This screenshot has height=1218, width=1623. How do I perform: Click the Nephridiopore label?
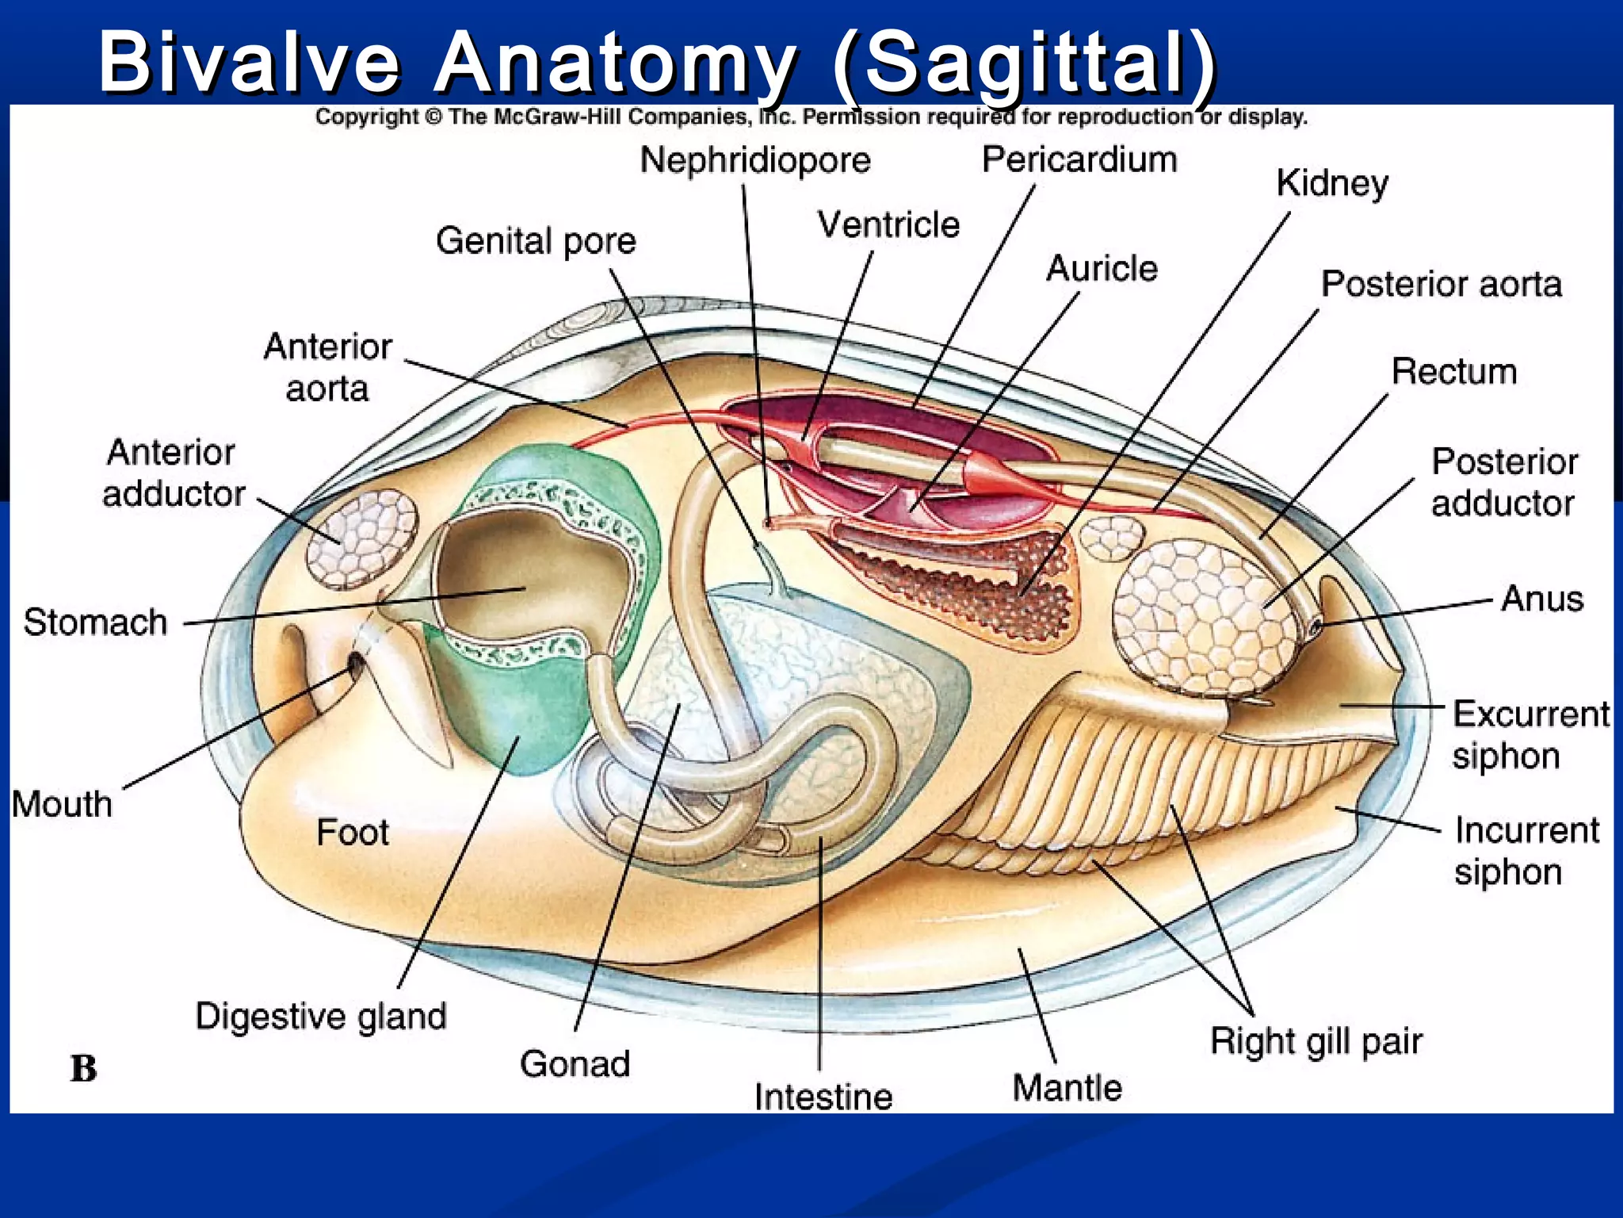click(x=755, y=160)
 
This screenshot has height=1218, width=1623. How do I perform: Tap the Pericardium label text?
click(x=1079, y=159)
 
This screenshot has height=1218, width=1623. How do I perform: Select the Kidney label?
click(x=1332, y=183)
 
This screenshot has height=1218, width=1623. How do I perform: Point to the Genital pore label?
click(x=536, y=240)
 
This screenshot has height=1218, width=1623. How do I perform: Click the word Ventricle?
click(x=888, y=224)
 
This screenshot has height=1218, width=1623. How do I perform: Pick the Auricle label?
click(x=1102, y=268)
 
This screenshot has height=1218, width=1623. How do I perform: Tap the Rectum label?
click(x=1454, y=371)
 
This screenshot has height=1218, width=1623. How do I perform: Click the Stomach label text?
click(x=95, y=622)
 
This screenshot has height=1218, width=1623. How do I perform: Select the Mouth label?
click(x=62, y=803)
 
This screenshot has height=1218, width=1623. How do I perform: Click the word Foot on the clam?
click(x=353, y=832)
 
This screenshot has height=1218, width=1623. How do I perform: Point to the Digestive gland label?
click(x=321, y=1016)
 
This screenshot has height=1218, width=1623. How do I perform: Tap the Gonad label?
click(x=575, y=1063)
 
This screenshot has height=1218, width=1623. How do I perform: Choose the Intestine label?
click(x=823, y=1097)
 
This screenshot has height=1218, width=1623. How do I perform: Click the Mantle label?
click(x=1067, y=1087)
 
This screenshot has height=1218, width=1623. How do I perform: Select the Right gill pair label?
click(x=1316, y=1041)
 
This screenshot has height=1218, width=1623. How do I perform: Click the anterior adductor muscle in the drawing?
click(x=362, y=538)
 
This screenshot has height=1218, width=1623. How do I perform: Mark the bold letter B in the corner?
click(x=83, y=1068)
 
